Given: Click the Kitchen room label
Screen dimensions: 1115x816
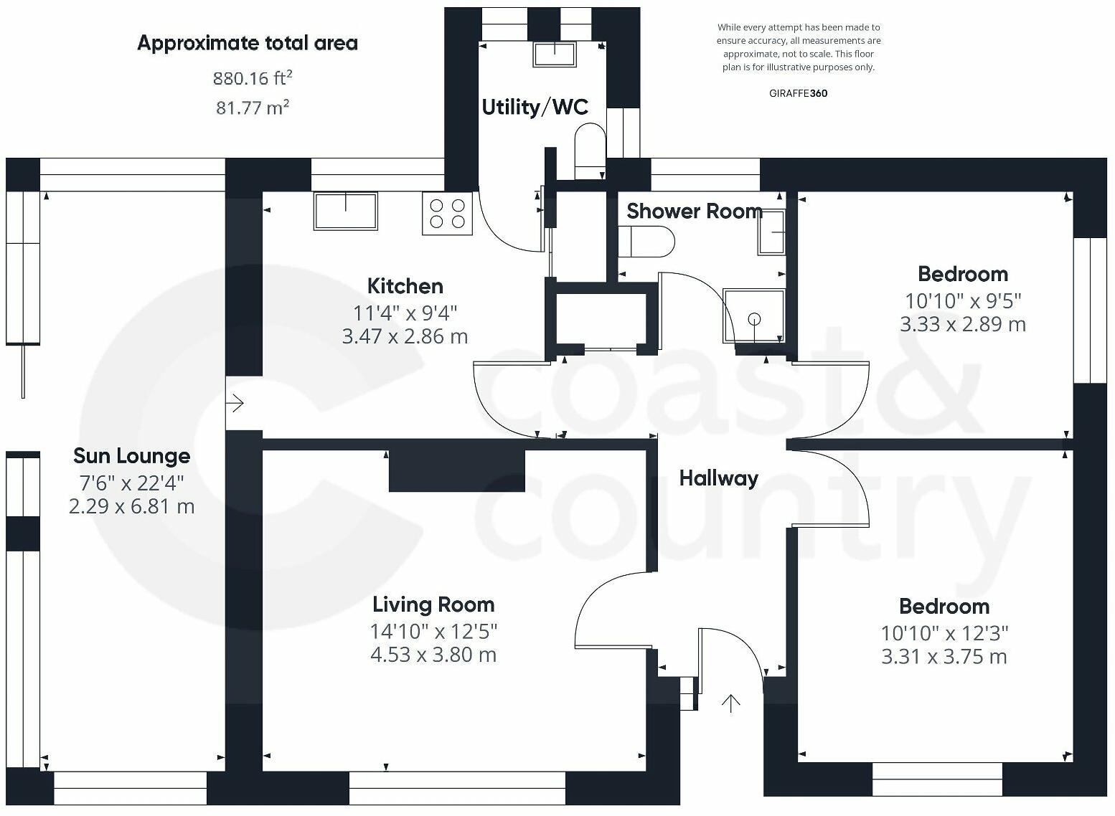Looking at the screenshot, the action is click(x=405, y=286).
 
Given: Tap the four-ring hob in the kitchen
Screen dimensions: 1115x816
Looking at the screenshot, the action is click(x=447, y=214).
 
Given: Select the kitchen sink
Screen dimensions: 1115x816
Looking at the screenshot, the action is click(x=345, y=211).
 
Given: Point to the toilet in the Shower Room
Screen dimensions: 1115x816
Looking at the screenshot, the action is click(x=646, y=242).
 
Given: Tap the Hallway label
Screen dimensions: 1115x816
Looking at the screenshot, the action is click(x=719, y=479).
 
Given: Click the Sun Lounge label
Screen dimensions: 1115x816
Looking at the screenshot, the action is click(x=132, y=456).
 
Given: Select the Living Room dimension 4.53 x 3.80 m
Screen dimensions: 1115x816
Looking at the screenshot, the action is click(x=433, y=655).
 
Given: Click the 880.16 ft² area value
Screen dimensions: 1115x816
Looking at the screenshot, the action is click(x=253, y=78).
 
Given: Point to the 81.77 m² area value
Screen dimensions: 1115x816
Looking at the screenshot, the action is click(x=253, y=108).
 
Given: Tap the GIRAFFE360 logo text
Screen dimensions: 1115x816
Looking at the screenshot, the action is click(x=798, y=93).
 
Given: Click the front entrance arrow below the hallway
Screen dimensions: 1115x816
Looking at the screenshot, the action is click(x=730, y=703).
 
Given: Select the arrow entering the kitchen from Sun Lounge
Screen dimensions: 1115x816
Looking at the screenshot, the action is click(x=235, y=402).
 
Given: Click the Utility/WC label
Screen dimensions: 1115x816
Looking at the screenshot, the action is click(x=535, y=108).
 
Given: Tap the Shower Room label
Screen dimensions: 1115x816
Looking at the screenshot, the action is click(x=695, y=212).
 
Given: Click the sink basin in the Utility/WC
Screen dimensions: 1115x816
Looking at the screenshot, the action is click(x=555, y=54).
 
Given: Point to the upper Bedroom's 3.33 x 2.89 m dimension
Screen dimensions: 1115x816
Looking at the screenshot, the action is click(x=963, y=324).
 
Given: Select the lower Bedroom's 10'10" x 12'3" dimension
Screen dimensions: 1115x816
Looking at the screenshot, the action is click(x=944, y=633).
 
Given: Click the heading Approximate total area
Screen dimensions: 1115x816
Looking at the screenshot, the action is click(x=248, y=44).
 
